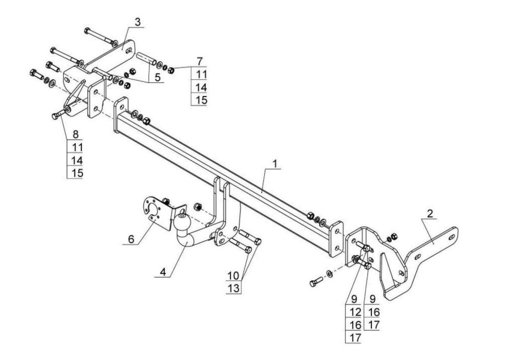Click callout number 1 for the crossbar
tap(275, 164)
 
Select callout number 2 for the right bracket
tap(430, 214)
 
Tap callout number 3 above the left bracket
tap(137, 22)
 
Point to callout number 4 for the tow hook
tap(163, 272)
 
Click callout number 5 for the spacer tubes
tap(158, 78)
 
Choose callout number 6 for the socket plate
tap(131, 240)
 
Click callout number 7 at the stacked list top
tap(200, 62)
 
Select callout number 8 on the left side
tap(75, 134)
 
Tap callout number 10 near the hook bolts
tap(233, 276)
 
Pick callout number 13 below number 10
tap(233, 288)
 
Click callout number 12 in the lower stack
tap(356, 312)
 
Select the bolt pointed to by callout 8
tap(59, 114)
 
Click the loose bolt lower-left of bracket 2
tap(316, 282)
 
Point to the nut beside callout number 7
tap(171, 70)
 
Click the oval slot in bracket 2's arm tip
tap(451, 237)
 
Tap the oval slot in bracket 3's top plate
tap(129, 51)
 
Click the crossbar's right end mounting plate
tap(336, 239)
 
